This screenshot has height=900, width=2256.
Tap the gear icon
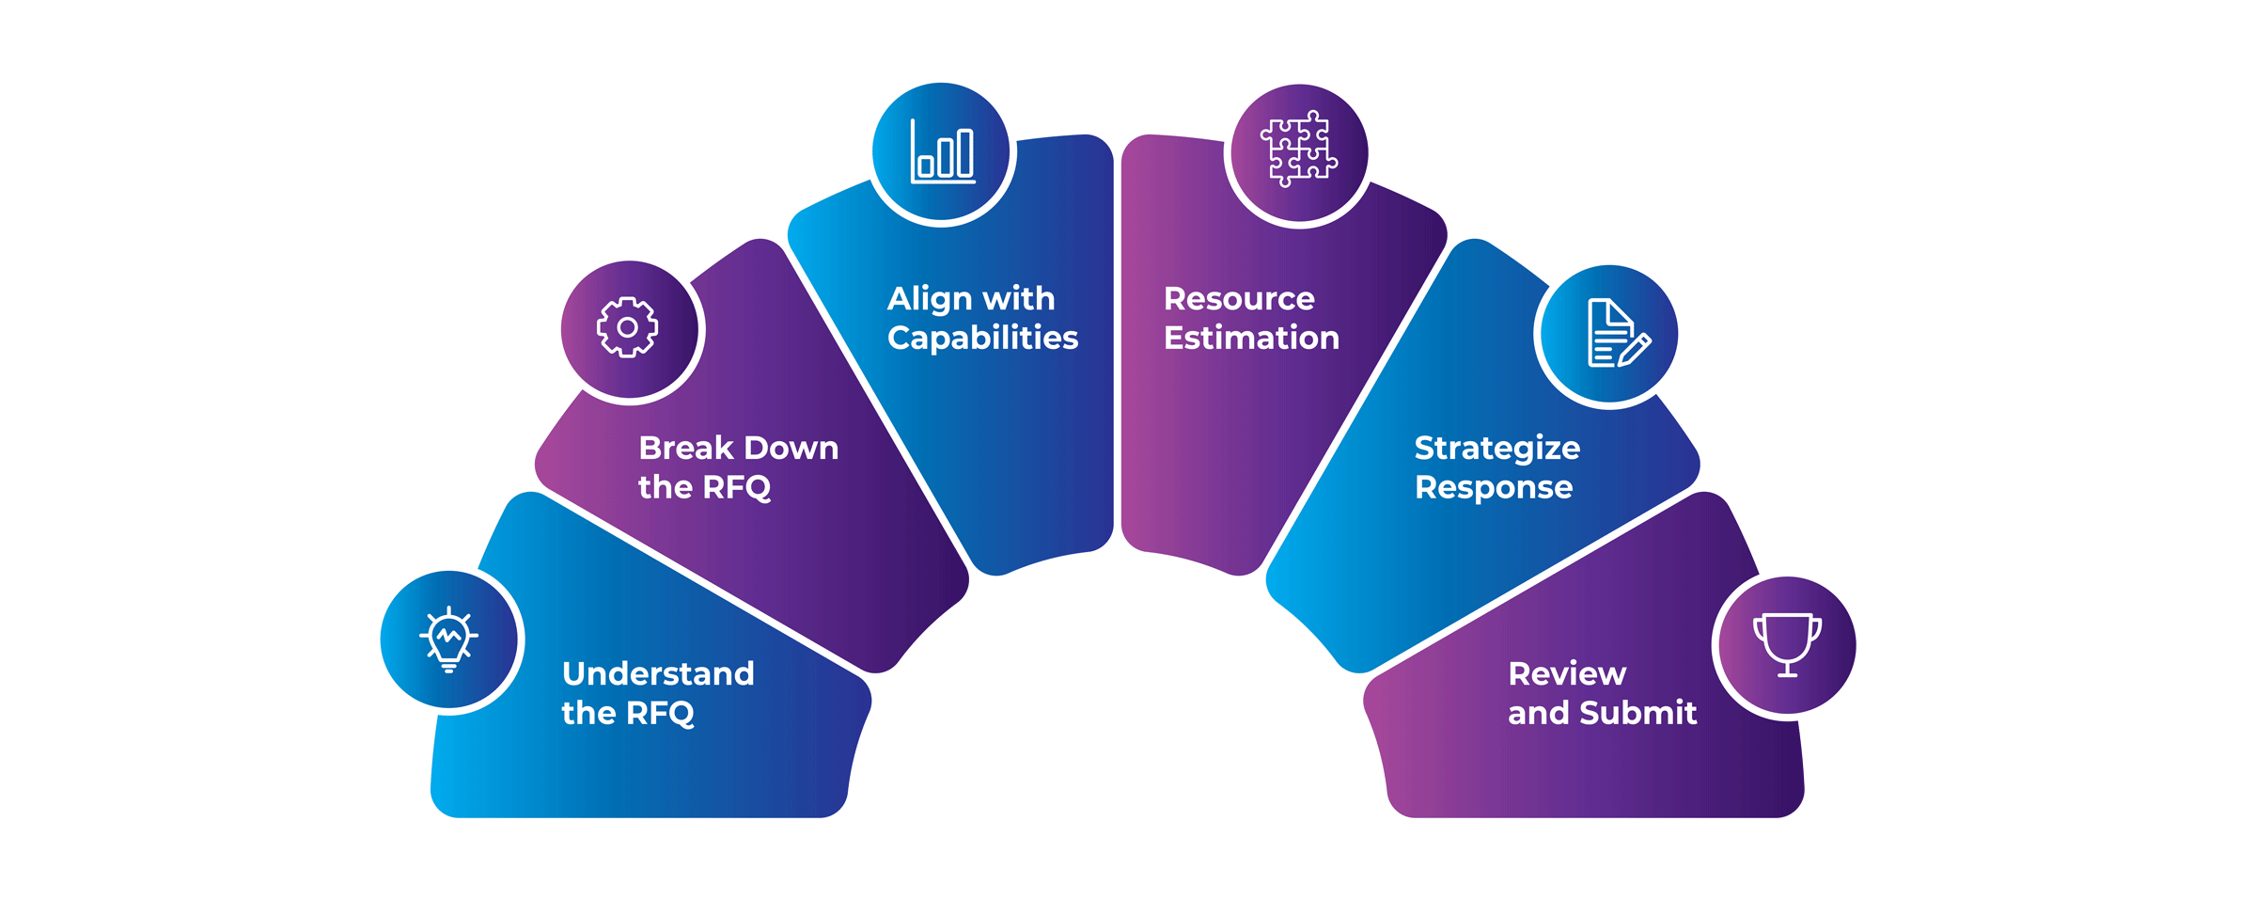coord(628,327)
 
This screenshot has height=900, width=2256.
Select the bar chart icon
coord(943,152)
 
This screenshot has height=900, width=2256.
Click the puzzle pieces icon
coord(1299,150)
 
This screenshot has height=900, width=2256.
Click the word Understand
coord(658,673)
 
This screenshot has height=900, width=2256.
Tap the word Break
coord(685,448)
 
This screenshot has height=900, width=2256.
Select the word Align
coord(931,299)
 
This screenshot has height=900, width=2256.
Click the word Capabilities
coord(982,338)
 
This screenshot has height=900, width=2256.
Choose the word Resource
coord(1239,299)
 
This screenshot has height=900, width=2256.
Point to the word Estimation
coord(1251,338)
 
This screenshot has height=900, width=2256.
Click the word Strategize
coord(1497,449)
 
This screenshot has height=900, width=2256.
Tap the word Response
coord(1494,487)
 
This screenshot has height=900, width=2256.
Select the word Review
coord(1567,673)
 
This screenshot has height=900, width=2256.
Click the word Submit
coord(1638,713)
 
